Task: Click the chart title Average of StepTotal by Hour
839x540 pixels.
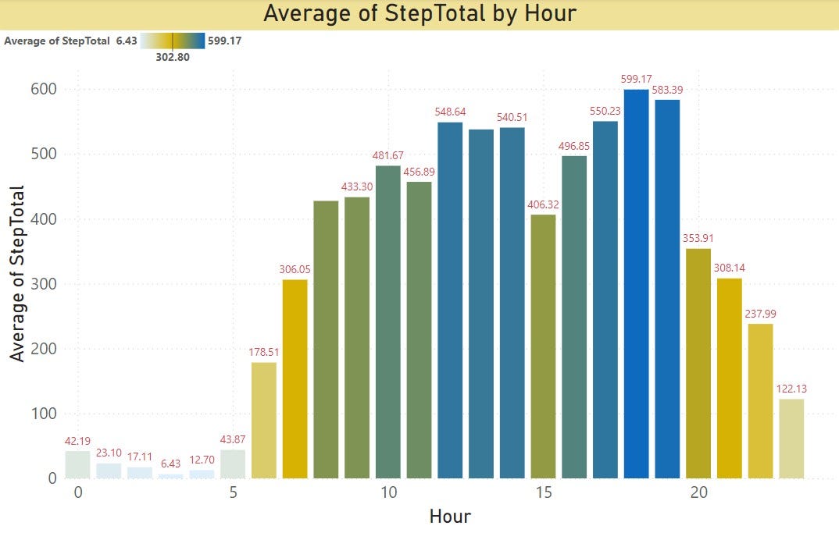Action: pos(419,14)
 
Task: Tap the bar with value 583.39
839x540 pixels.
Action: pos(667,289)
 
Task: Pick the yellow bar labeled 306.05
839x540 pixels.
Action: pos(295,378)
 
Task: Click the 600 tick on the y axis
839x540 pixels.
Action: pos(45,90)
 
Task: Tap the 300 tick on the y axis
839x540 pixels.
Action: pos(45,284)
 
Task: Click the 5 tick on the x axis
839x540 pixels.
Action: pos(233,493)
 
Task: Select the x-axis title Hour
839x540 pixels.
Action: pos(450,517)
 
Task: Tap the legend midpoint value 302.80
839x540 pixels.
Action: pos(172,56)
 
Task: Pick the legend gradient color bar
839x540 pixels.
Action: pos(173,41)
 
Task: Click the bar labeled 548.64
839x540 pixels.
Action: pos(450,300)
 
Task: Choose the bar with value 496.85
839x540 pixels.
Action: pos(574,317)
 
